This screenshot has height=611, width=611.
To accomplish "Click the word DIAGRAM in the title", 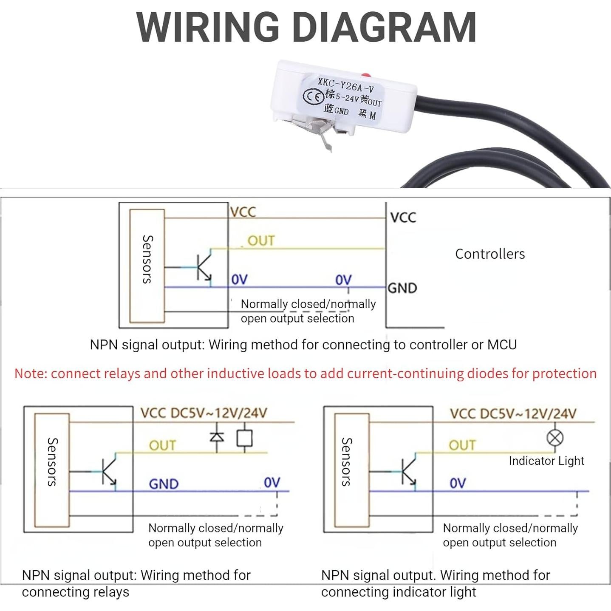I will pos(384,27).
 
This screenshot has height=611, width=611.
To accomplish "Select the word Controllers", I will pos(490,254).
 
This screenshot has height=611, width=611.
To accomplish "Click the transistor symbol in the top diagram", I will pos(204,267).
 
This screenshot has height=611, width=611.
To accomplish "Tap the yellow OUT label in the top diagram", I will pos(261,241).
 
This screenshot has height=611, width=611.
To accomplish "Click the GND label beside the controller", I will pos(402,288).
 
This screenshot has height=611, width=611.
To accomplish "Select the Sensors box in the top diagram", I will pos(147,266).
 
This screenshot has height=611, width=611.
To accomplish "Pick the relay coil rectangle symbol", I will pos(244,438).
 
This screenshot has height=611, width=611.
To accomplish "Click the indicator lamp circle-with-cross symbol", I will pos(555,438).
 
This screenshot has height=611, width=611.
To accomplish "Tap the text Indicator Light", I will pos(546,461).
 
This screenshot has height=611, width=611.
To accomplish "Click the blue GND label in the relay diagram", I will pos(164,484).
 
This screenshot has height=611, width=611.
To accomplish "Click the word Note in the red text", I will pos(30,373).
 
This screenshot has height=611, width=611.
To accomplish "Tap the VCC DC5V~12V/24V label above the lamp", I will pos(513,414).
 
